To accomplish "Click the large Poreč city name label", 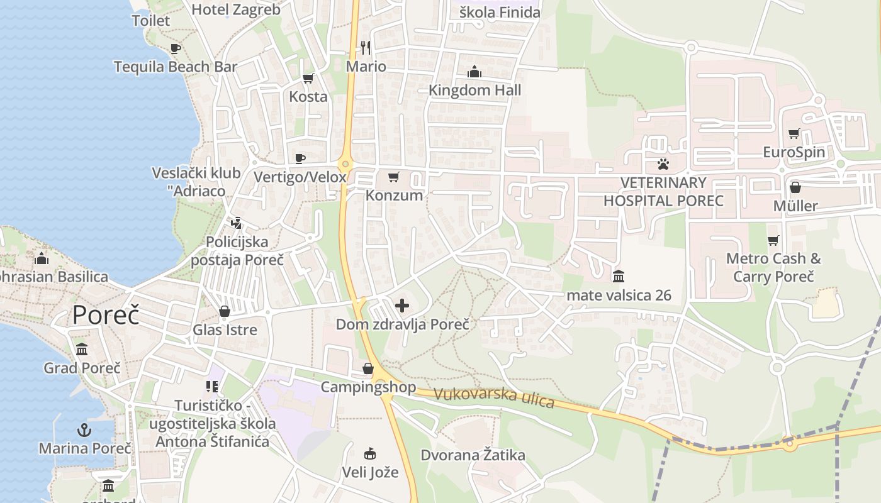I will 105,314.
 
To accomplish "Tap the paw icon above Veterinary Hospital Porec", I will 663,165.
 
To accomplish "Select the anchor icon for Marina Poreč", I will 84,431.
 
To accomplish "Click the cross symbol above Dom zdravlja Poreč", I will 402,306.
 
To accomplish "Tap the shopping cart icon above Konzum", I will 394,177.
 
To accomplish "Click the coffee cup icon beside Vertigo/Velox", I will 300,158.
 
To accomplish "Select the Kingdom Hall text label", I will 474,91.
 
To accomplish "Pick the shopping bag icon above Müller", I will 795,187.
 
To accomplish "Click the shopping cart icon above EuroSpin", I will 794,133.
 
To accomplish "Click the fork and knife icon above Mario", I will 366,48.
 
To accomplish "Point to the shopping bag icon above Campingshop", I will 368,368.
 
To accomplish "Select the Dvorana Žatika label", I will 473,455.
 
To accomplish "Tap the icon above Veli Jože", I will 370,453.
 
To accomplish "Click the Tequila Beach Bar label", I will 175,67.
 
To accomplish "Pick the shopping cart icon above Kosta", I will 308,79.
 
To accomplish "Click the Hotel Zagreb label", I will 235,9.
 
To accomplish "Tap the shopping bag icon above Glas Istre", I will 225,311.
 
